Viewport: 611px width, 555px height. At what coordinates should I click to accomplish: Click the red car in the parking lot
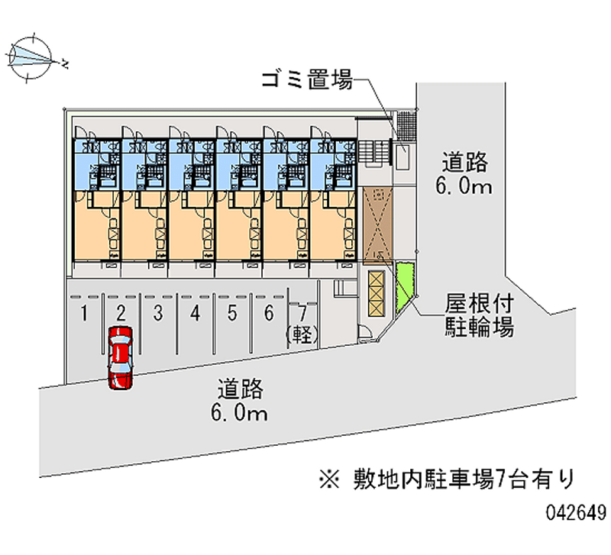tap(120, 357)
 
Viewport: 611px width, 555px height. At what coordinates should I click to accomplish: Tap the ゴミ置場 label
tap(305, 79)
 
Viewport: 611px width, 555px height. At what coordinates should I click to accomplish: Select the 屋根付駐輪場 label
tap(479, 316)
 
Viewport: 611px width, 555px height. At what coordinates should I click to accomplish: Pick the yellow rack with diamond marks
tap(376, 292)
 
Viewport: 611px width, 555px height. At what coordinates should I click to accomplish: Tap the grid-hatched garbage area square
tap(406, 122)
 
